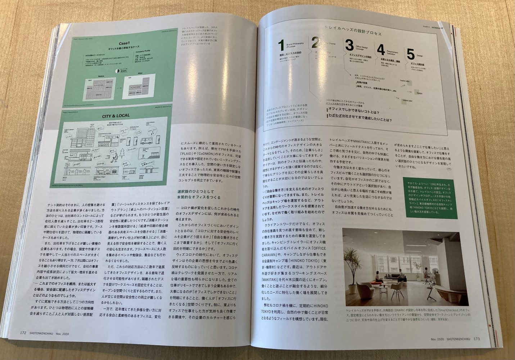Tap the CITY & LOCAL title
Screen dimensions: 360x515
pyautogui.click(x=116, y=116)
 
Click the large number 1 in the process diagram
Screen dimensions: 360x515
pyautogui.click(x=281, y=46)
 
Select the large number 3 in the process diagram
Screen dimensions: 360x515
pyautogui.click(x=349, y=46)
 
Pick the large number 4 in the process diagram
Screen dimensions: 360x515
pyautogui.click(x=381, y=49)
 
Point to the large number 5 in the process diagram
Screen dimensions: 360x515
pyautogui.click(x=411, y=54)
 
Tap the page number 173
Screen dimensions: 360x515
pyautogui.click(x=476, y=338)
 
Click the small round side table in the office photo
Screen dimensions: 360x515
pyautogui.click(x=384, y=290)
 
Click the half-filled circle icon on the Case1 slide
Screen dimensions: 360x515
pyautogui.click(x=117, y=71)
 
